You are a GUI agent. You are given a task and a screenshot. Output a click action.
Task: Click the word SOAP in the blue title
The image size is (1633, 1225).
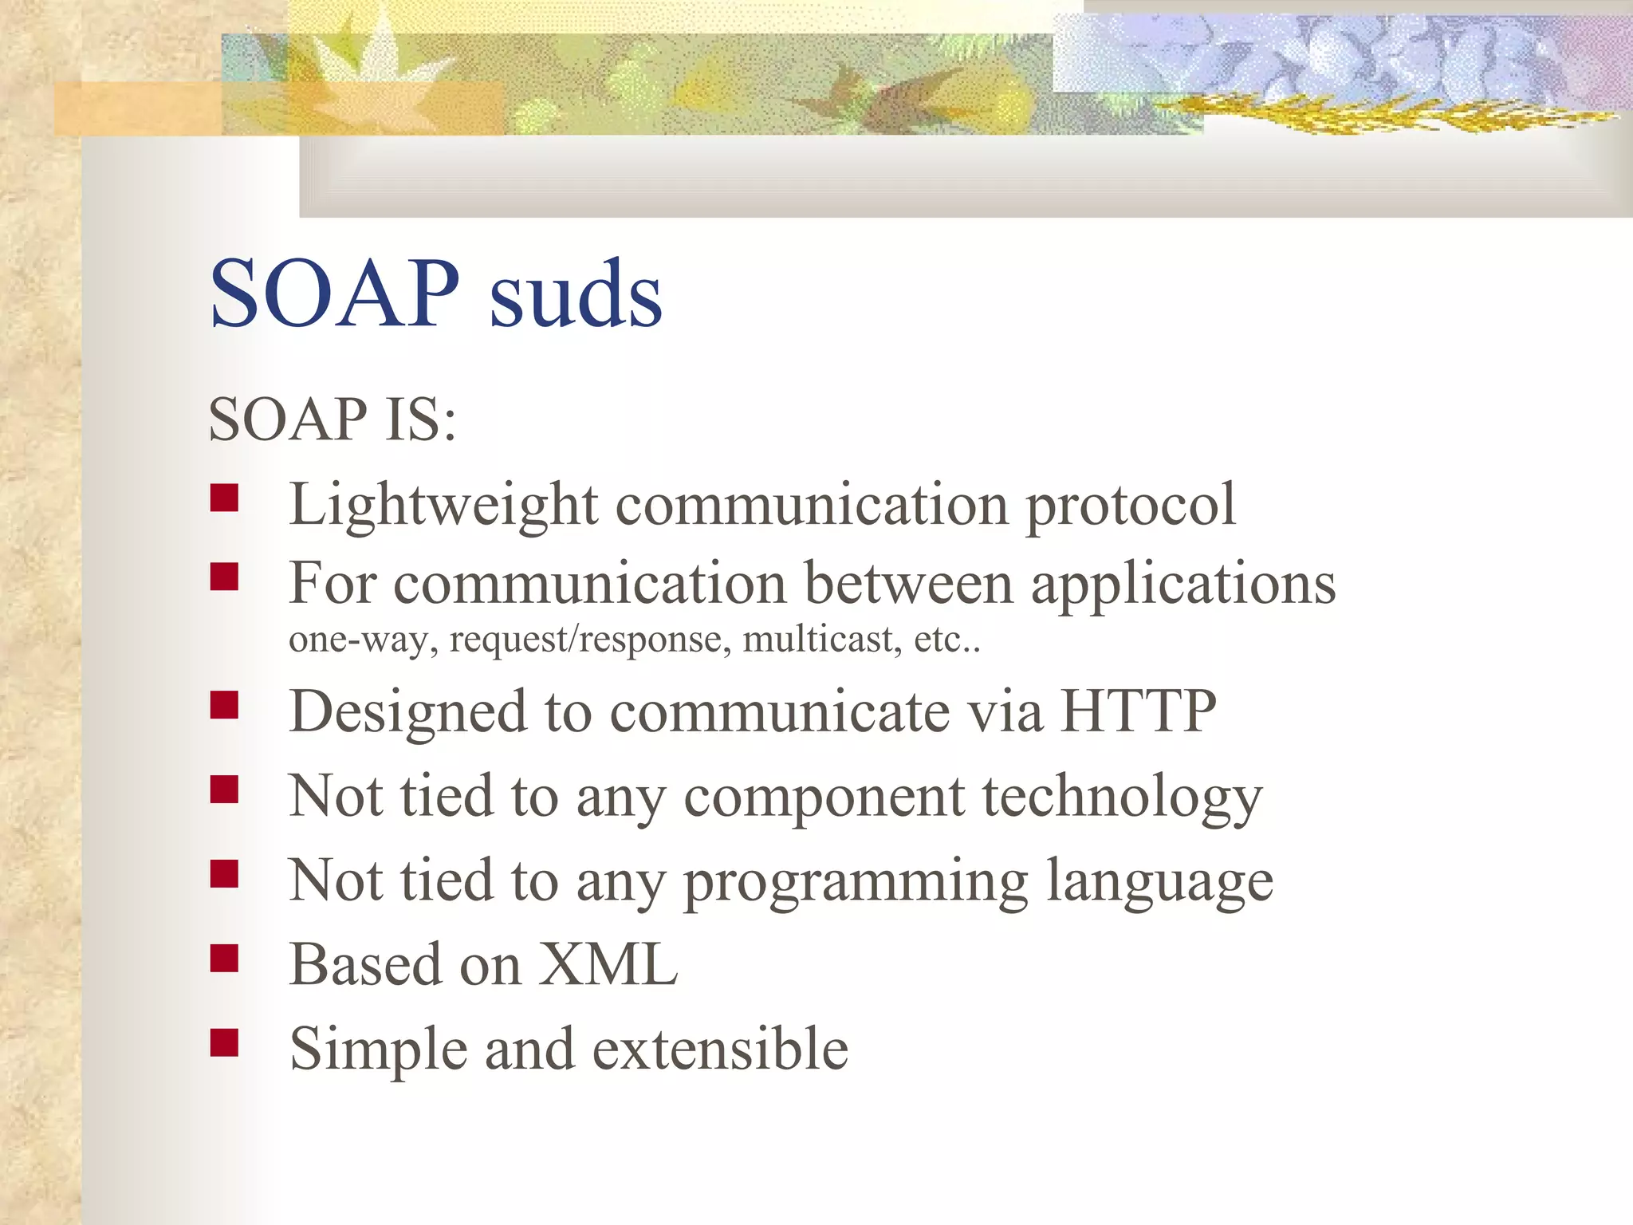[334, 294]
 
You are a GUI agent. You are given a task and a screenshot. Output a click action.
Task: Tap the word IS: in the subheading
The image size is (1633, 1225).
[420, 420]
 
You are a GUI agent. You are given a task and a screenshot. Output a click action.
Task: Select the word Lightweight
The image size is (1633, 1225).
[443, 506]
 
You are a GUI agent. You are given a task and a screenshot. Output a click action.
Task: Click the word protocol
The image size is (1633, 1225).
[1131, 506]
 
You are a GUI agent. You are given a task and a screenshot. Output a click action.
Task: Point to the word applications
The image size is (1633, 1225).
[1183, 585]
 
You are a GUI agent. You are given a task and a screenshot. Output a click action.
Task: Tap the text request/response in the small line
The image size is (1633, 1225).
[590, 640]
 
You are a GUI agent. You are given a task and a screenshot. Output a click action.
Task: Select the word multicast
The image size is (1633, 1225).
[822, 640]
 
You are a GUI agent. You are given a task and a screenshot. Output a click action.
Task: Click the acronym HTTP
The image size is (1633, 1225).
[1139, 711]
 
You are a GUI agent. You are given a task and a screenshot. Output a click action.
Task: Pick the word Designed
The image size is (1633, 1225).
[407, 712]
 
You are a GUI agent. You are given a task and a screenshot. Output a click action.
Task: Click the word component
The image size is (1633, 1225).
[824, 798]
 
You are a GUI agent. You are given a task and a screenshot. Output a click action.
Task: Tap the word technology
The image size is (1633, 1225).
[1122, 798]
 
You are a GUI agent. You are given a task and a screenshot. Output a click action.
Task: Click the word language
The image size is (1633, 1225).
[1159, 883]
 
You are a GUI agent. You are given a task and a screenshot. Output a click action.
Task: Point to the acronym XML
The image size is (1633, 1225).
[608, 964]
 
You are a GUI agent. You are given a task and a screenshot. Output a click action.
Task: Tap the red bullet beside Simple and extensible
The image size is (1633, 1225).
[225, 1042]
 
